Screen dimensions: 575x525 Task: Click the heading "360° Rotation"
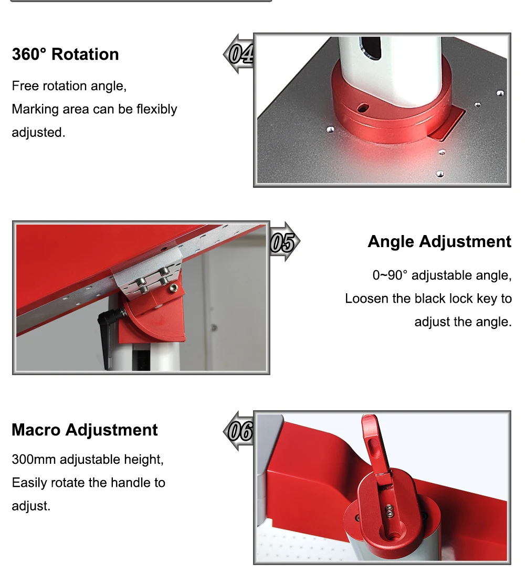[65, 55]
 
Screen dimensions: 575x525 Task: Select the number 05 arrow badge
[283, 242]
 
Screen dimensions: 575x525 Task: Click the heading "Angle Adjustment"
[439, 241]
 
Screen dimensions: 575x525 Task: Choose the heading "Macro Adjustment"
[85, 430]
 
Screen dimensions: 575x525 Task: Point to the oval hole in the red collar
[362, 107]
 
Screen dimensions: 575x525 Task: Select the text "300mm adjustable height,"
[88, 460]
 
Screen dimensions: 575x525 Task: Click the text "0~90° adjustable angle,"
[442, 275]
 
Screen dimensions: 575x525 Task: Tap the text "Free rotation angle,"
[69, 86]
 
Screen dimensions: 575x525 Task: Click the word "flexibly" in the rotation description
[156, 109]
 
